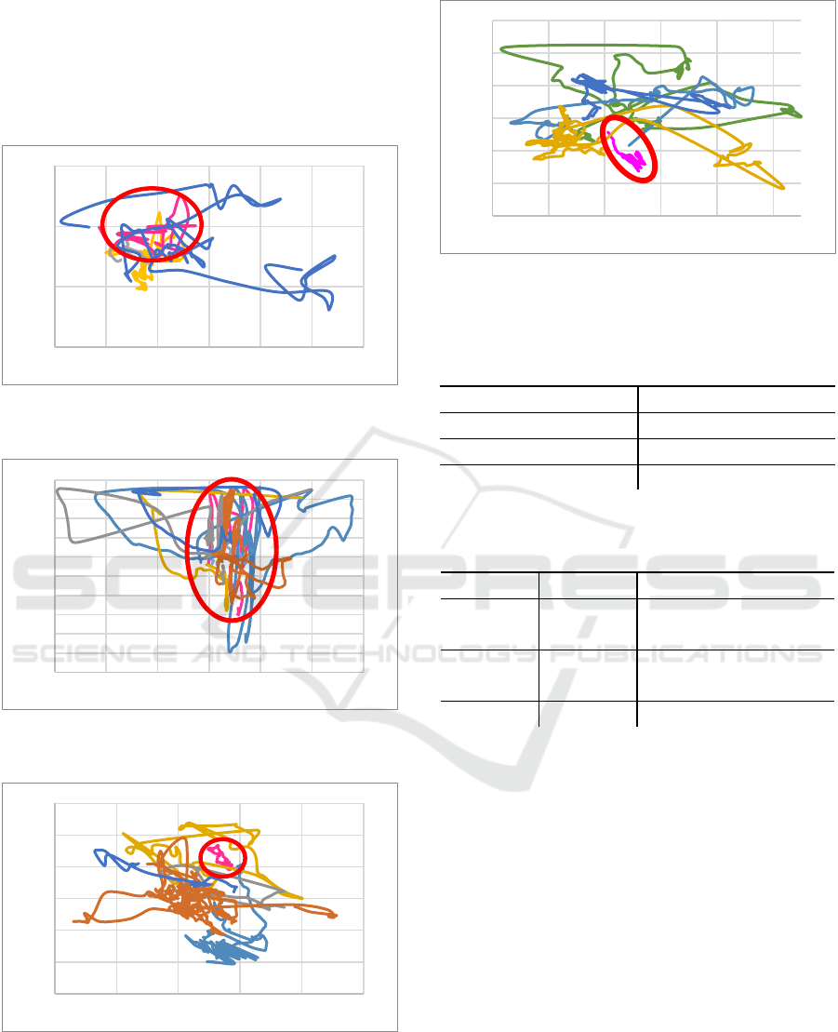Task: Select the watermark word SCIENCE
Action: pos(94,654)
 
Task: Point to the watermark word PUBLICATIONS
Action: pos(685,654)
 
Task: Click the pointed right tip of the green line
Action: pos(802,116)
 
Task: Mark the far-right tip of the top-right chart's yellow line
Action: pos(784,188)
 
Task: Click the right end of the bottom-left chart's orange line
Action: pos(336,915)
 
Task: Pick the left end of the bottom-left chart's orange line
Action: pos(73,920)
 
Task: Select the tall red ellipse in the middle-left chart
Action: pos(187,550)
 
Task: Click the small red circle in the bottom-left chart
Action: pos(199,858)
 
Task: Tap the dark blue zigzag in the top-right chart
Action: pos(592,85)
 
